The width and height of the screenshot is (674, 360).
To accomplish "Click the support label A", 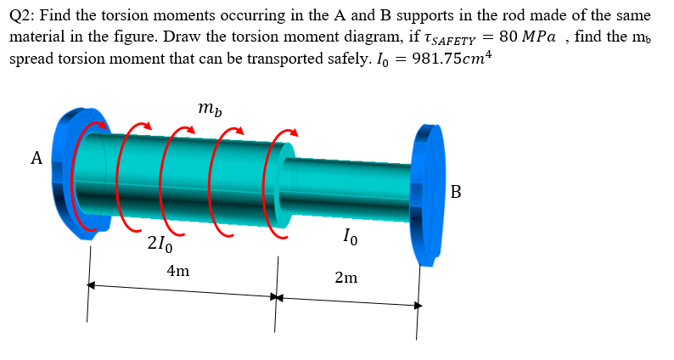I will tap(36, 158).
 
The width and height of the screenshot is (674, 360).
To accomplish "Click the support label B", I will tap(456, 192).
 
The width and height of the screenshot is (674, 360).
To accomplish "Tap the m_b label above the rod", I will tap(207, 109).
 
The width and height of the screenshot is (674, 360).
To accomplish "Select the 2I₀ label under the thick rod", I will tap(160, 247).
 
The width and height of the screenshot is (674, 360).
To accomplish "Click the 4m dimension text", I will tap(178, 272).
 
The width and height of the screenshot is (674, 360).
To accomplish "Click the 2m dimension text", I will tap(345, 278).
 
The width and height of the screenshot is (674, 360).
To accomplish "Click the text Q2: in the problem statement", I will tap(25, 16).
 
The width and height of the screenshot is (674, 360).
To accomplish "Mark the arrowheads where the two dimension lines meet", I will tap(276, 298).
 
